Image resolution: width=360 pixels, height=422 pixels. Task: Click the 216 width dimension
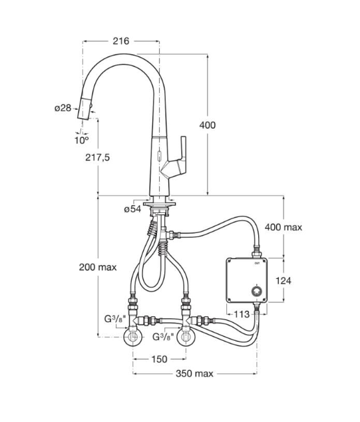click(120, 41)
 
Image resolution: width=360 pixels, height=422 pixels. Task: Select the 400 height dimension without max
click(207, 125)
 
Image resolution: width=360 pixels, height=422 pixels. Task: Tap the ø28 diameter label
click(63, 108)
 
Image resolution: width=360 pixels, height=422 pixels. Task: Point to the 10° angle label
click(81, 140)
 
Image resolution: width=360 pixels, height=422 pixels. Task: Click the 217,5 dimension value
click(97, 157)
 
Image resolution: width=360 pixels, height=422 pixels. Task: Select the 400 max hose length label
click(283, 227)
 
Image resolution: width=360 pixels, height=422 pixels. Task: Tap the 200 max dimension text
click(96, 268)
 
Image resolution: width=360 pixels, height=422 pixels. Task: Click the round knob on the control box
click(256, 291)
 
